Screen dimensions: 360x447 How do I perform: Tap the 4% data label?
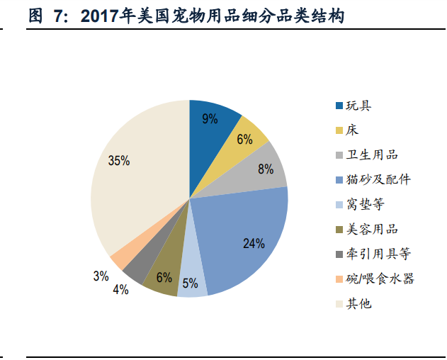120,288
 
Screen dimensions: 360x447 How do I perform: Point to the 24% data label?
253,244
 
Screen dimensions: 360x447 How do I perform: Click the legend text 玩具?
358,106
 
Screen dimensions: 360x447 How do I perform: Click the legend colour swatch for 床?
339,131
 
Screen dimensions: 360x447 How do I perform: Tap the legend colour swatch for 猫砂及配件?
339,180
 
